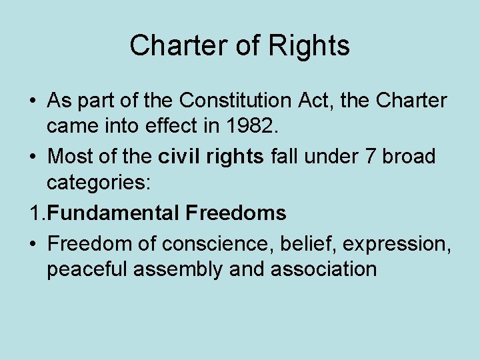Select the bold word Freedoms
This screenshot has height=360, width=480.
(236, 213)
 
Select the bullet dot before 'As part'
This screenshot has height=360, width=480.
(32, 101)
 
